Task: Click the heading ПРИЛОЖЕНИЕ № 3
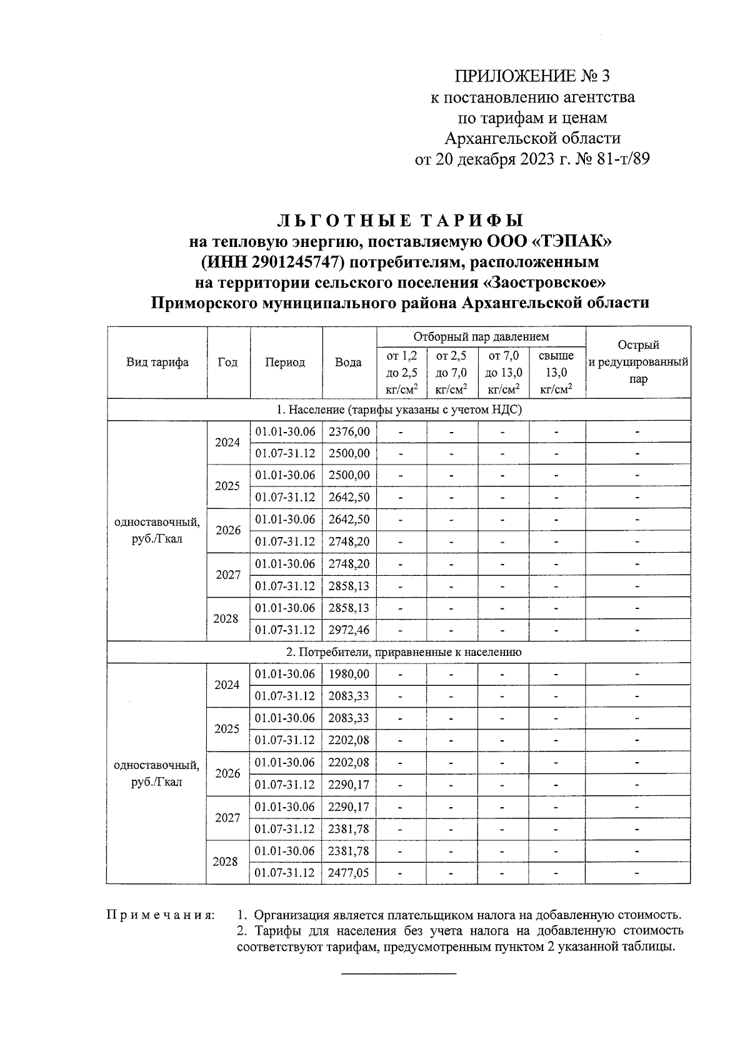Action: (531, 76)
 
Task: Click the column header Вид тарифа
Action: (157, 363)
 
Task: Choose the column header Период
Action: (285, 363)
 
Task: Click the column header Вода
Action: (348, 363)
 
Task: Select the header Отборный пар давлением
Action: (481, 337)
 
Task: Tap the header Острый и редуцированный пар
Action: (638, 362)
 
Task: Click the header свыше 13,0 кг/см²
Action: (556, 373)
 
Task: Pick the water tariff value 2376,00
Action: (349, 431)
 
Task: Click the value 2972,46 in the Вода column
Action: (349, 630)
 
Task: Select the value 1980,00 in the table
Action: (349, 674)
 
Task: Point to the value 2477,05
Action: (349, 873)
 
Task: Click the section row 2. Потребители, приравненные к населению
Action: (399, 652)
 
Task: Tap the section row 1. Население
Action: (399, 410)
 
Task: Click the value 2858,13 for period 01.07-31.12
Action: (349, 586)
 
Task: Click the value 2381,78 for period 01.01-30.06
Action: (349, 851)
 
